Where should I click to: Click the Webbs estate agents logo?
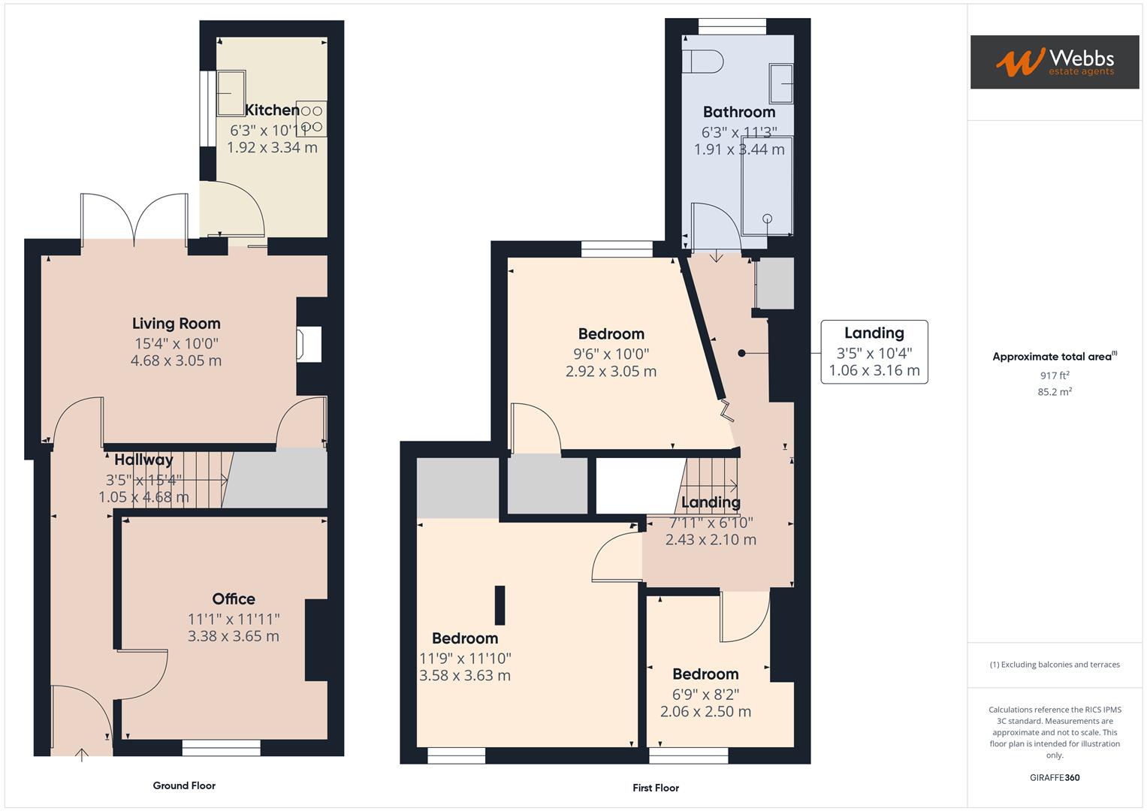tap(1054, 62)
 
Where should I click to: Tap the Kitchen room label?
tap(272, 110)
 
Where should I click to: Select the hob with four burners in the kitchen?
tap(312, 119)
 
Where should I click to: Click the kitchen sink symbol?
tap(231, 93)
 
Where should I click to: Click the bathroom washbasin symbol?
tap(781, 83)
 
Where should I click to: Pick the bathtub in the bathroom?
tap(766, 191)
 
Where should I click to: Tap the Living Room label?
tap(176, 324)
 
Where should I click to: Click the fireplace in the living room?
tap(309, 344)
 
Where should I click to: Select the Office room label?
tap(234, 598)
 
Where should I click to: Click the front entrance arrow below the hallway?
tap(81, 754)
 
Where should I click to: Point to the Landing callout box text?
tap(874, 351)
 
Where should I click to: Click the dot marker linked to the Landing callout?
tap(741, 353)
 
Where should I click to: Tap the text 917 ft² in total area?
tap(1054, 375)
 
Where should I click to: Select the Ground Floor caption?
tap(184, 785)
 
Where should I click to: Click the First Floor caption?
tap(655, 788)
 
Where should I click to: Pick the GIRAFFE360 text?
tap(1054, 777)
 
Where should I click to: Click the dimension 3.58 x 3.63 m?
tap(465, 675)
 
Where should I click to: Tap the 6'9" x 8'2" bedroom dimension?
tap(705, 694)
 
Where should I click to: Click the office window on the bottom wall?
tap(221, 748)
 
